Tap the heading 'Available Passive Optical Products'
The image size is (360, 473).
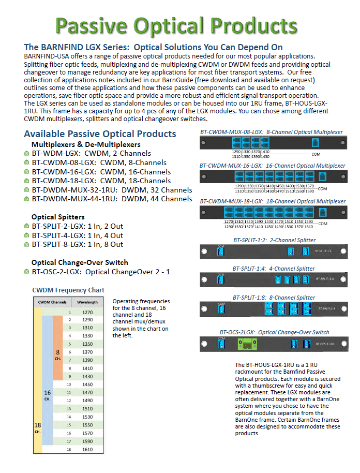[x=100, y=134]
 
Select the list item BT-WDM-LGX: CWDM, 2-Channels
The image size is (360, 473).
[x=91, y=153]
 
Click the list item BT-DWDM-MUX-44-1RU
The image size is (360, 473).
[x=112, y=199]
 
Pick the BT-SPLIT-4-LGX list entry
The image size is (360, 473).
[x=77, y=235]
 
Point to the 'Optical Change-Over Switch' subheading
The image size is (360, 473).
[x=80, y=262]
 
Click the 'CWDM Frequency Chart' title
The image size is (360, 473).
[x=68, y=290]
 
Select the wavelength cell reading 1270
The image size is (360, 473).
[x=88, y=313]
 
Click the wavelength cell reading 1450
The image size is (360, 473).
[x=88, y=385]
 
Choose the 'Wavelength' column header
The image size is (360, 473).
[x=88, y=302]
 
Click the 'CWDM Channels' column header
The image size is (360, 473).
[x=53, y=302]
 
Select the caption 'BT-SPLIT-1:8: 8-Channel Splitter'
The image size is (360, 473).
[x=274, y=298]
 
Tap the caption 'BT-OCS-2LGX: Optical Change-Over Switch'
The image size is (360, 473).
[x=274, y=332]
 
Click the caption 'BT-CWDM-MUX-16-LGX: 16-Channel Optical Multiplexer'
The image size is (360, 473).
[x=272, y=166]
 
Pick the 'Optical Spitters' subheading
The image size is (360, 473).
[x=58, y=217]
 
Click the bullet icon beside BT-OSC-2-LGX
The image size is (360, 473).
[x=26, y=272]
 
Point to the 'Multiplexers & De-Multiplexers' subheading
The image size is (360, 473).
[x=86, y=144]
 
